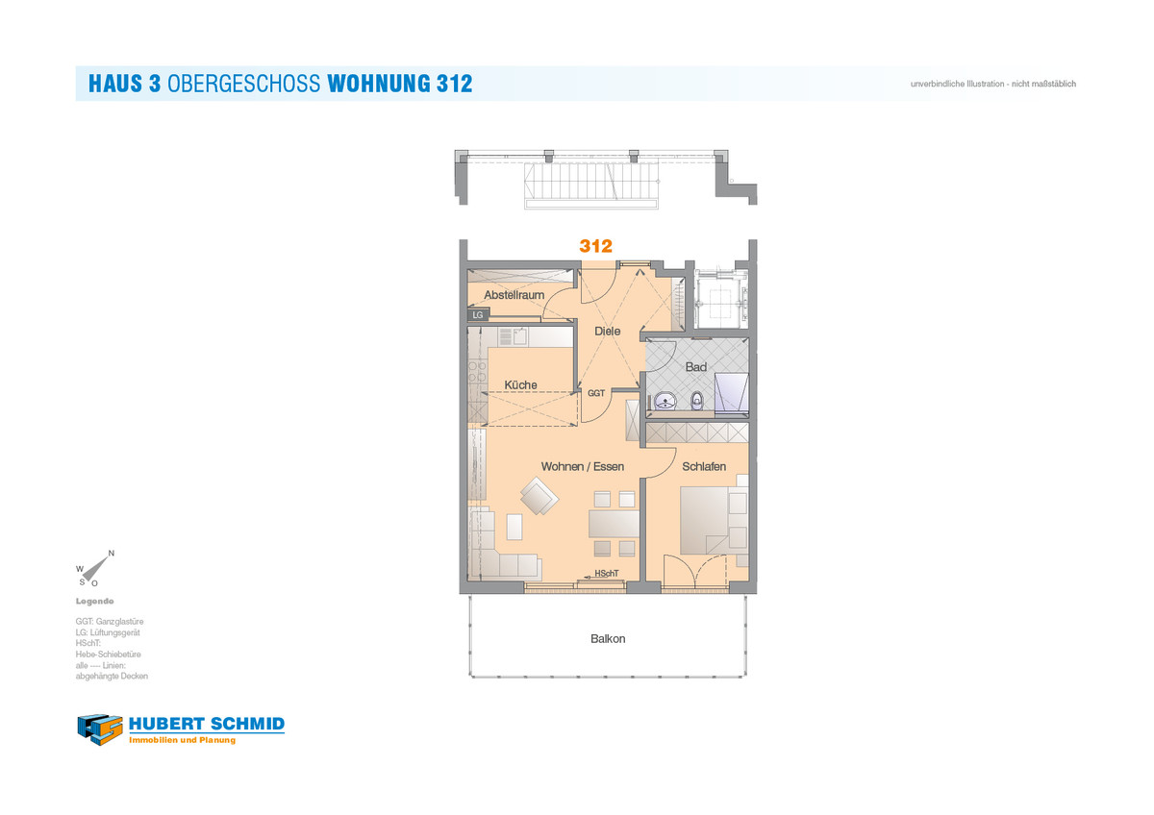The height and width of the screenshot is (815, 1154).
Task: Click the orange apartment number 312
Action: pyautogui.click(x=595, y=246)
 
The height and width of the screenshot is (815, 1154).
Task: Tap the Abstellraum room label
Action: pyautogui.click(x=514, y=295)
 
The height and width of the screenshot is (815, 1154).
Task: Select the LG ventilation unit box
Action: pyautogui.click(x=478, y=314)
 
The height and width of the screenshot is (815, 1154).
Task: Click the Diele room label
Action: pyautogui.click(x=607, y=331)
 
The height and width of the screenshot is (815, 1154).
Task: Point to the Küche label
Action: pyautogui.click(x=520, y=384)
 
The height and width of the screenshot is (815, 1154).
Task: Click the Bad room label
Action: pyautogui.click(x=695, y=367)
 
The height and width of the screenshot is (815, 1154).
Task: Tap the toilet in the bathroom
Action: pyautogui.click(x=696, y=401)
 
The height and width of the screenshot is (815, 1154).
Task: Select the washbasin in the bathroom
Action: pyautogui.click(x=665, y=401)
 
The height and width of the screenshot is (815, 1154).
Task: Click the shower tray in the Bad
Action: pyautogui.click(x=731, y=392)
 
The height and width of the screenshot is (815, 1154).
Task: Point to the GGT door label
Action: pyautogui.click(x=596, y=393)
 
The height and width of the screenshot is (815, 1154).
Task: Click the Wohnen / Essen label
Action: pyautogui.click(x=582, y=466)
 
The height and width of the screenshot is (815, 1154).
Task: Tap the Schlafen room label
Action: pyautogui.click(x=704, y=466)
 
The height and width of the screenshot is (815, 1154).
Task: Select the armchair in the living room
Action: pyautogui.click(x=539, y=496)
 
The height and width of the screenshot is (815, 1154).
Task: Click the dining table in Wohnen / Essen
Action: pyautogui.click(x=614, y=524)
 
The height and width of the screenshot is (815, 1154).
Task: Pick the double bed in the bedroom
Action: pyautogui.click(x=714, y=520)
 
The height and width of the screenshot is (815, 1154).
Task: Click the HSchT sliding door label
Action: pyautogui.click(x=607, y=574)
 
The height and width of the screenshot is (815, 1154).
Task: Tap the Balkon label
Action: pyautogui.click(x=608, y=639)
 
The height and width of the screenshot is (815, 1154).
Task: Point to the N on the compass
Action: pyautogui.click(x=112, y=554)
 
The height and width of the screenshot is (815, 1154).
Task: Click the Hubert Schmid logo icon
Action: pyautogui.click(x=100, y=729)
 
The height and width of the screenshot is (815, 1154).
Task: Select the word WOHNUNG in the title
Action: pyautogui.click(x=379, y=84)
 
